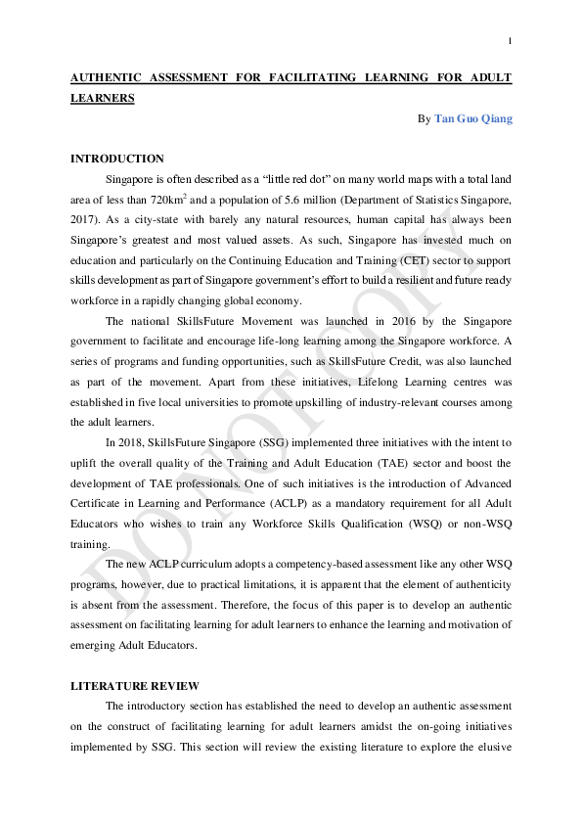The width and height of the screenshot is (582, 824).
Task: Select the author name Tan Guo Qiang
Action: pyautogui.click(x=472, y=119)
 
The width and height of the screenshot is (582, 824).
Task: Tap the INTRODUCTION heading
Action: pyautogui.click(x=117, y=159)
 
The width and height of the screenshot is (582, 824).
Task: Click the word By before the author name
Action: pyautogui.click(x=424, y=119)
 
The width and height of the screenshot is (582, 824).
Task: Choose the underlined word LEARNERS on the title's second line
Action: pyautogui.click(x=103, y=98)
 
